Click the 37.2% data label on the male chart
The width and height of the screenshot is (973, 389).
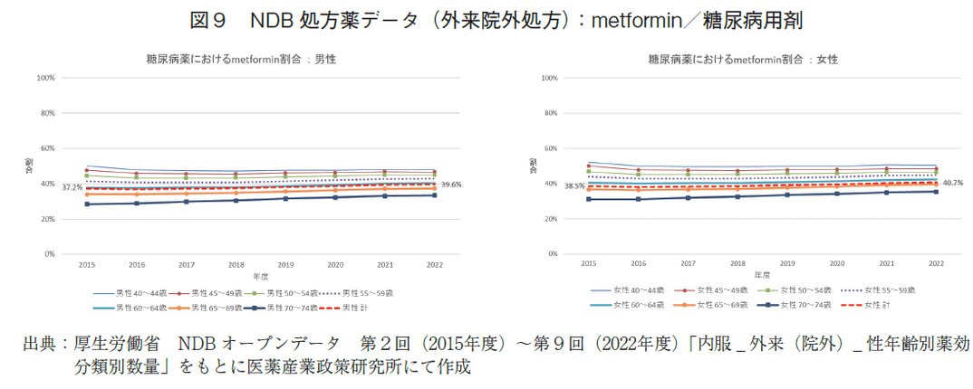(72, 187)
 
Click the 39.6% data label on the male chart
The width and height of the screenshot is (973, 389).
(451, 185)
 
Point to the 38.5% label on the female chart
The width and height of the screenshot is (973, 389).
(575, 185)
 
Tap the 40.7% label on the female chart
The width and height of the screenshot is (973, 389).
(952, 183)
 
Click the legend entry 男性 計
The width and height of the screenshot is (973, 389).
(349, 308)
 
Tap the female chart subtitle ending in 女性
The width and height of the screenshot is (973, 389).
(743, 59)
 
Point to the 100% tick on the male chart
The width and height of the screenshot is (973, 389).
(46, 78)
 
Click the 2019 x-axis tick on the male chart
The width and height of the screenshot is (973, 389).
(285, 265)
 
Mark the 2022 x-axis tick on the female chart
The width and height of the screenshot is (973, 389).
(938, 262)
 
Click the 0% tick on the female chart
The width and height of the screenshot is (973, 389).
(549, 254)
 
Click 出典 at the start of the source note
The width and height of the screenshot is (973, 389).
(39, 345)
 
